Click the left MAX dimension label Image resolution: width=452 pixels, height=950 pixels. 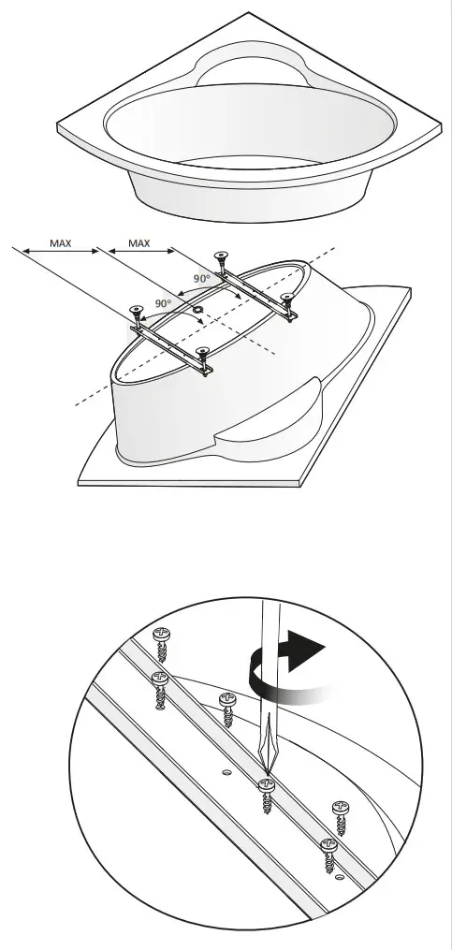tap(59, 243)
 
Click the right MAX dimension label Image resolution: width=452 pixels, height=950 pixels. tap(139, 243)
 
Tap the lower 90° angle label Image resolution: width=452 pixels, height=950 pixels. tap(163, 304)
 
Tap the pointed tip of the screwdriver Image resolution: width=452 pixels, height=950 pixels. tap(266, 771)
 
